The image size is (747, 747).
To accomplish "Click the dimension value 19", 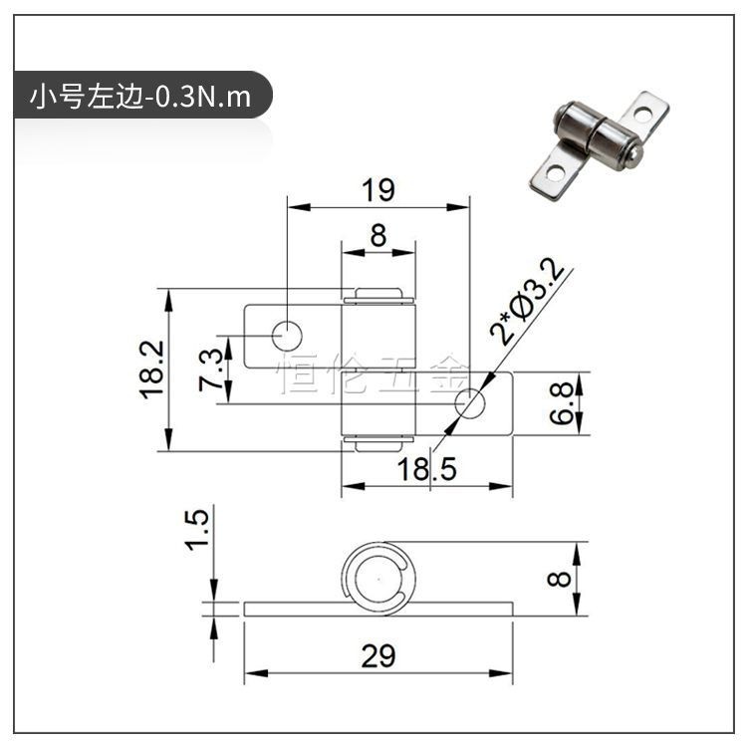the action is click(x=378, y=190).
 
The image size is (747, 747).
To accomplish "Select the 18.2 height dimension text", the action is click(x=152, y=371).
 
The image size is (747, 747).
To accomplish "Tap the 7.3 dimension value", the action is click(x=210, y=371).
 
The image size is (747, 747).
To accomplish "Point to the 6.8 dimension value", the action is click(x=561, y=403).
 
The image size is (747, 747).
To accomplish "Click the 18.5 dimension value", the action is click(x=427, y=469).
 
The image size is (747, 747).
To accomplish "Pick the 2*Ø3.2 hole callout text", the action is click(x=527, y=301).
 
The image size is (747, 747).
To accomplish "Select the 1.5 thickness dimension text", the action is click(x=197, y=530).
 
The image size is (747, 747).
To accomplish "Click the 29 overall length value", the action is click(x=378, y=656).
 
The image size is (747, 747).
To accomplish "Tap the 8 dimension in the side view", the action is click(x=560, y=579).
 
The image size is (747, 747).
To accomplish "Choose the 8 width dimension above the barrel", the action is click(x=378, y=235).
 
